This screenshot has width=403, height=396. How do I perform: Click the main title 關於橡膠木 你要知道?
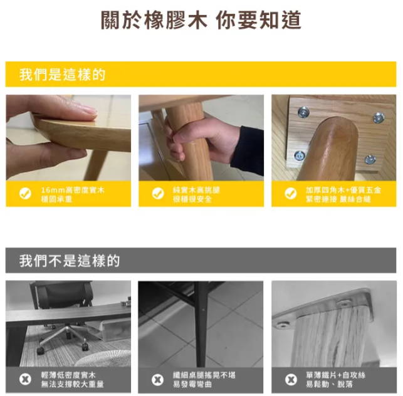pyautogui.click(x=201, y=20)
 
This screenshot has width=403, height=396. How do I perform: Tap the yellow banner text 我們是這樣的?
pyautogui.click(x=62, y=75)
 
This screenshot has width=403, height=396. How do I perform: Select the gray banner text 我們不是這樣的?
pyautogui.click(x=70, y=261)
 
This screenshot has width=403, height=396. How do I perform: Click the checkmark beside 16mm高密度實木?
pyautogui.click(x=25, y=194)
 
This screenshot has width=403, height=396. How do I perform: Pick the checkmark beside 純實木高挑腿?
pyautogui.click(x=158, y=194)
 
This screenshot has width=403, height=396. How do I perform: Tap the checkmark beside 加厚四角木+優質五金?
pyautogui.click(x=291, y=194)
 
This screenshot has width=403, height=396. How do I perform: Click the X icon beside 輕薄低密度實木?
pyautogui.click(x=25, y=379)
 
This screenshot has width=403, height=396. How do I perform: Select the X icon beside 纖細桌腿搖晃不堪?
pyautogui.click(x=158, y=380)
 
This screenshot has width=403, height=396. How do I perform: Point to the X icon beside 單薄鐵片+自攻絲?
pyautogui.click(x=291, y=380)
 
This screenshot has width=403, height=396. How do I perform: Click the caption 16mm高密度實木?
pyautogui.click(x=73, y=190)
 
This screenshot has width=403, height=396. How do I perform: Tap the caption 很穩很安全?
pyautogui.click(x=192, y=199)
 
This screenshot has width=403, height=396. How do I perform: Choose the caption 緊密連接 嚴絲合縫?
pyautogui.click(x=338, y=199)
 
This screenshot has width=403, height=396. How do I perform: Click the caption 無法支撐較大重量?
pyautogui.click(x=73, y=384)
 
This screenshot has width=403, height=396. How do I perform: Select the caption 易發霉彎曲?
pyautogui.click(x=192, y=384)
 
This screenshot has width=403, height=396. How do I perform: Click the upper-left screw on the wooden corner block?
pyautogui.click(x=303, y=112)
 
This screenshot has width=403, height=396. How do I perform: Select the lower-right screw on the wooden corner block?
pyautogui.click(x=370, y=159)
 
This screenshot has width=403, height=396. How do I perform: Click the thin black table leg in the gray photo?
pyautogui.click(x=201, y=324)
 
